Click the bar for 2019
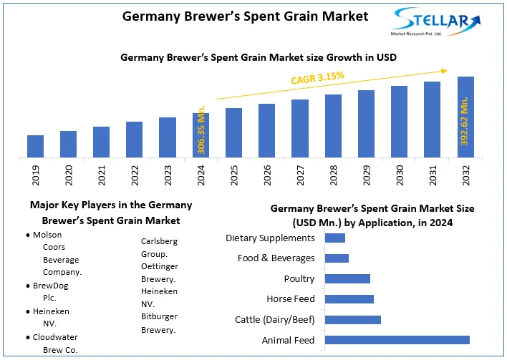click(35, 146)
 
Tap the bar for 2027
click(300, 128)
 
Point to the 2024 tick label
click(201, 175)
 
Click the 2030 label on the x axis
click(400, 175)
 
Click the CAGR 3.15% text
click(317, 77)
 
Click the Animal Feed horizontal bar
click(397, 340)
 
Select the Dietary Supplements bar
click(335, 238)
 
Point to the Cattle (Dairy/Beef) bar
click(353, 319)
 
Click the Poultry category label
click(299, 278)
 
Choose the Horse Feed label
click(291, 298)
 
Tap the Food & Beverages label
click(276, 258)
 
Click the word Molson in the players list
click(47, 234)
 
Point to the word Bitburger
click(160, 316)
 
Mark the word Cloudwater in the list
click(55, 337)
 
